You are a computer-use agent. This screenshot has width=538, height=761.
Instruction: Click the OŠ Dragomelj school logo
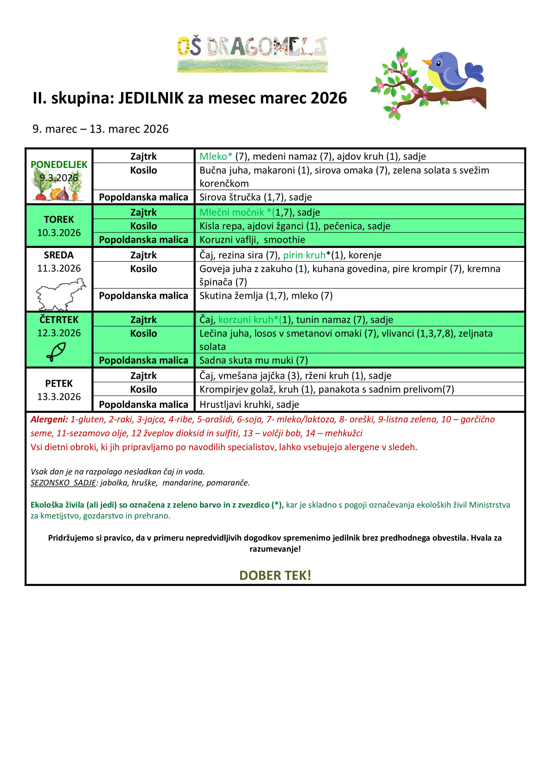pos(252,53)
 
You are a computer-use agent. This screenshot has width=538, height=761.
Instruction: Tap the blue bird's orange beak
pos(426,62)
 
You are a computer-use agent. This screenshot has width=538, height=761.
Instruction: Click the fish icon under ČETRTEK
pos(56,351)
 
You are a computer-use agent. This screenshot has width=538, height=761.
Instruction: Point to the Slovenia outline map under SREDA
pos(60,294)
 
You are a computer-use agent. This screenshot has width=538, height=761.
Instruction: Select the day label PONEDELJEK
pos(59,164)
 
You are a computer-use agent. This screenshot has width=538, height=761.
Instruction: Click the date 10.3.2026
pos(59,233)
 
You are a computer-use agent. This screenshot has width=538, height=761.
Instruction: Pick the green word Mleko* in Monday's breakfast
pos(216,156)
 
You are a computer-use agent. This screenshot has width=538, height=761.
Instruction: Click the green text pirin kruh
pos(304,255)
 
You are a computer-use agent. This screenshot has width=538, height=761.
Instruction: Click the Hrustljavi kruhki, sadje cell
pos(249,404)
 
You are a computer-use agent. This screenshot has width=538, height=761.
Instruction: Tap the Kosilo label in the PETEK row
pos(143,389)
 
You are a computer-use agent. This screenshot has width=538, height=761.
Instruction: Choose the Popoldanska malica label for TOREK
pos(143,240)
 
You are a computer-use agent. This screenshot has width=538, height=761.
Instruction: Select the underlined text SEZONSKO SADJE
pos(63,482)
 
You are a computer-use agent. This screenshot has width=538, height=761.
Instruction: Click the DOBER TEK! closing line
pos(275,576)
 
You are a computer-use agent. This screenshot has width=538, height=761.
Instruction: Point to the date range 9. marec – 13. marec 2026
pos(100,129)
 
